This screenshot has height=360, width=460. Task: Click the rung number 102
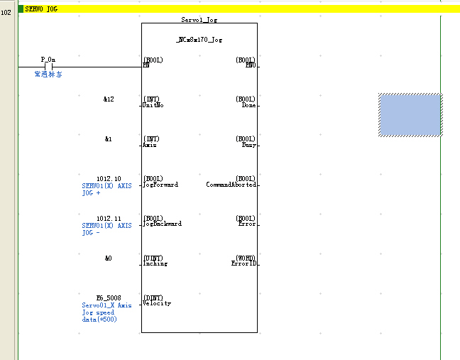[6, 12]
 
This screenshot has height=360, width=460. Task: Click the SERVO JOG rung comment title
[41, 9]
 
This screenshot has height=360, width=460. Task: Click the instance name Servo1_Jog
[199, 21]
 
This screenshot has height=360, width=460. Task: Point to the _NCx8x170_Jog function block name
[199, 40]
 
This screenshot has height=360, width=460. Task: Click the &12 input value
[109, 99]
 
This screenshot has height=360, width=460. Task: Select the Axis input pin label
[150, 144]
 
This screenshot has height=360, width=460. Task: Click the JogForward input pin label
[160, 184]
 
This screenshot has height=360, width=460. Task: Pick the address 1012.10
[109, 179]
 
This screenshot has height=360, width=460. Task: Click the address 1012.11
[109, 219]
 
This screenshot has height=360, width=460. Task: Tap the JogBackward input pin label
[163, 224]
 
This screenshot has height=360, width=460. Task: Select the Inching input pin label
[155, 263]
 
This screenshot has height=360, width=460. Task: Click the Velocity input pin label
[157, 303]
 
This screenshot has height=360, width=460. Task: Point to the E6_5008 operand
[109, 298]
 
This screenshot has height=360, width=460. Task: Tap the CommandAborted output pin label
[231, 184]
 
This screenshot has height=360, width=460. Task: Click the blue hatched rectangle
[410, 114]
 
